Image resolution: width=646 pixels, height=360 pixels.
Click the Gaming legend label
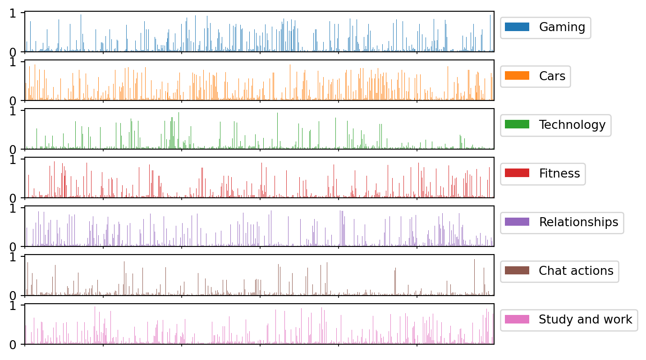562,27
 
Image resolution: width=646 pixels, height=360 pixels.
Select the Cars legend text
552,76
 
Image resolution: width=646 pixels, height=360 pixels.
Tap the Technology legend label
572,125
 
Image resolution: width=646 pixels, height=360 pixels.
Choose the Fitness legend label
559,173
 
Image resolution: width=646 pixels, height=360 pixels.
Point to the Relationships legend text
578,222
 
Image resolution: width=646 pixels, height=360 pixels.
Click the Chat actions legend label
576,271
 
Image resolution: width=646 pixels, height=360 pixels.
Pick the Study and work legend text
586,319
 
